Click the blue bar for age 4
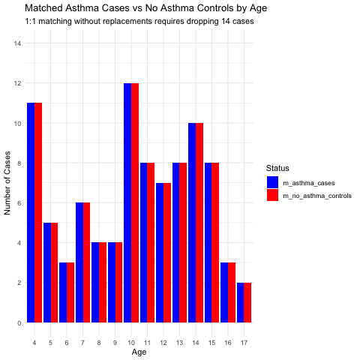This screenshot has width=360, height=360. coord(31,212)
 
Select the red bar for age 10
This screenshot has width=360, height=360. coord(135,202)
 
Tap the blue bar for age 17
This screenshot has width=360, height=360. coord(241,302)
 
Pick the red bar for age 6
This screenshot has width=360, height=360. coord(70,292)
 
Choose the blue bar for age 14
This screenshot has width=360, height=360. coord(192,223)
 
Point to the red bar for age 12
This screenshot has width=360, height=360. coord(167,253)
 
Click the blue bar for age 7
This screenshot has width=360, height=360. coord(79,262)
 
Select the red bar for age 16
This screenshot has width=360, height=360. coord(232,292)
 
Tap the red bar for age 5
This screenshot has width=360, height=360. coord(54,272)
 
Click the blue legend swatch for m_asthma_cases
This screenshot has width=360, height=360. coord(272,182)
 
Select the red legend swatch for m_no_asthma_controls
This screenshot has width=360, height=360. coord(272,195)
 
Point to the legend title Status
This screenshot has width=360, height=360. coord(277,168)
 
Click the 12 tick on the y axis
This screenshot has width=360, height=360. coord(17,83)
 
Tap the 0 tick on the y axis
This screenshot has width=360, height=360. coord(19,323)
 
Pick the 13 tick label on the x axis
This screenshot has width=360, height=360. coord(179,343)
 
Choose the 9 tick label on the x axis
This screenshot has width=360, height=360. coord(115,343)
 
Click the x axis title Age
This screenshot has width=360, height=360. coord(139,352)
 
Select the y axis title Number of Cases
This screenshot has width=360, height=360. coord(7,183)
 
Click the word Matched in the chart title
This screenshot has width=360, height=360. coord(43,8)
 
